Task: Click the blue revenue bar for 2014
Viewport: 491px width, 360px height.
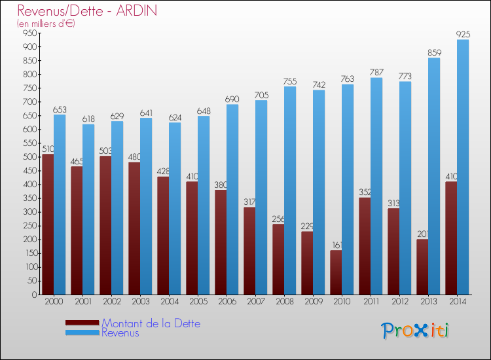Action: pyautogui.click(x=463, y=167)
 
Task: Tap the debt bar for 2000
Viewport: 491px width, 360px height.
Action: pyautogui.click(x=48, y=224)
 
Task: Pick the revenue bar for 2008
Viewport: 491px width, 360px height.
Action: pyautogui.click(x=290, y=190)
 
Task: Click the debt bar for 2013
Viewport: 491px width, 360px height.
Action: pyautogui.click(x=422, y=266)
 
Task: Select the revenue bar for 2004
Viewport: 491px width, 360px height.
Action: pyautogui.click(x=175, y=208)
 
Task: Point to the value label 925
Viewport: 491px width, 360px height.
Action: pyautogui.click(x=463, y=33)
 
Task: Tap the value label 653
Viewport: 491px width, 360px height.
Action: pyautogui.click(x=60, y=109)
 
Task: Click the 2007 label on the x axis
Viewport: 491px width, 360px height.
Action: pyautogui.click(x=255, y=302)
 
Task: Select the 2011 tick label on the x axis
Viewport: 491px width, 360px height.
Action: pyautogui.click(x=371, y=302)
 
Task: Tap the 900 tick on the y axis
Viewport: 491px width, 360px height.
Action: pyautogui.click(x=29, y=47)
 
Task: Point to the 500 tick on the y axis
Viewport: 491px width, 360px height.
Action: pyautogui.click(x=29, y=157)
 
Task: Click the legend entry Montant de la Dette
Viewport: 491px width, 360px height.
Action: pyautogui.click(x=151, y=323)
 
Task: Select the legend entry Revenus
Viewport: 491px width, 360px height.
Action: pyautogui.click(x=120, y=333)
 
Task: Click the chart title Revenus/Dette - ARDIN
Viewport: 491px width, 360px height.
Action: pyautogui.click(x=87, y=11)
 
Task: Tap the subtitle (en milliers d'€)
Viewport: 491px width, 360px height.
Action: pyautogui.click(x=46, y=24)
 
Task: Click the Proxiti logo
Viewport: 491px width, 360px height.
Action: pyautogui.click(x=415, y=331)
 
